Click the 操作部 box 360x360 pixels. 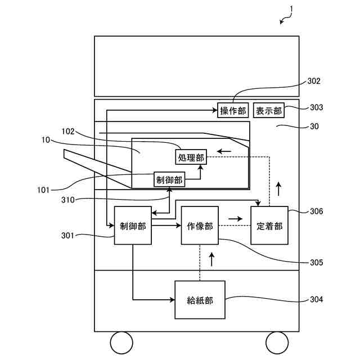pyautogui.click(x=233, y=110)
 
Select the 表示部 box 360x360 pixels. pyautogui.click(x=269, y=110)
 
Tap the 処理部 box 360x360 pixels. pyautogui.click(x=191, y=157)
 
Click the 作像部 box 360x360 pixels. pyautogui.click(x=199, y=226)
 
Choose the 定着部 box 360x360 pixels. pyautogui.click(x=269, y=226)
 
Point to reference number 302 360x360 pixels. pyautogui.click(x=314, y=81)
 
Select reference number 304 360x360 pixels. pyautogui.click(x=316, y=299)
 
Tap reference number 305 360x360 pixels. pyautogui.click(x=316, y=262)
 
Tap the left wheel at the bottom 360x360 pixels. pyautogui.click(x=121, y=342)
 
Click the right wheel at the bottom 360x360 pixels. pyautogui.click(x=276, y=342)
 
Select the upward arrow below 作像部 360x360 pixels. pyautogui.click(x=211, y=259)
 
